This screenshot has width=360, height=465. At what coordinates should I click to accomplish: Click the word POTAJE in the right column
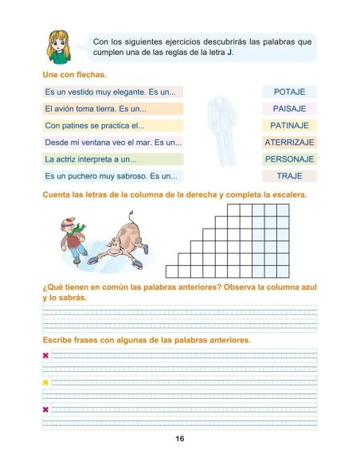point(289,92)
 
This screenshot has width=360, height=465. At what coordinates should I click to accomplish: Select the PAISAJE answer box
point(289,108)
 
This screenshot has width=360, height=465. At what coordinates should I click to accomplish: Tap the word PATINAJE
point(289,125)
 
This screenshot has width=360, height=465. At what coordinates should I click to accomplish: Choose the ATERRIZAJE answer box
point(289,142)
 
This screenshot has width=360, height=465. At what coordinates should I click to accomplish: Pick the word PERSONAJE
point(289,158)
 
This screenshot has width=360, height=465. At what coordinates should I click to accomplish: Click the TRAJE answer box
point(289,175)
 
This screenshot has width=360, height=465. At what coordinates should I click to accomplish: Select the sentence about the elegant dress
point(114,92)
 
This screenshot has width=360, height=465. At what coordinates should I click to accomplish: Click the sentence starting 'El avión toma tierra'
point(114,108)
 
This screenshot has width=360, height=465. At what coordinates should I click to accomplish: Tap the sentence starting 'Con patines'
point(114,125)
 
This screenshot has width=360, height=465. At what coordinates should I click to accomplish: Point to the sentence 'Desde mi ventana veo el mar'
point(114,142)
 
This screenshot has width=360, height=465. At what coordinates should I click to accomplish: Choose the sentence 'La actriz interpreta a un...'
point(114,158)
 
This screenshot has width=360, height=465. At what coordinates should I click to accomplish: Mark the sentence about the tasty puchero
point(114,175)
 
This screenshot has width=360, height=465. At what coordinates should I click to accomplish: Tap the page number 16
point(180,440)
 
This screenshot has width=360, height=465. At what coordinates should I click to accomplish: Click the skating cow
point(123,240)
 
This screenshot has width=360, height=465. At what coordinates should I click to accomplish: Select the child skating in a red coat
point(74,236)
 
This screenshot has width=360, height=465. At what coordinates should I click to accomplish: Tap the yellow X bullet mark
point(45,382)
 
